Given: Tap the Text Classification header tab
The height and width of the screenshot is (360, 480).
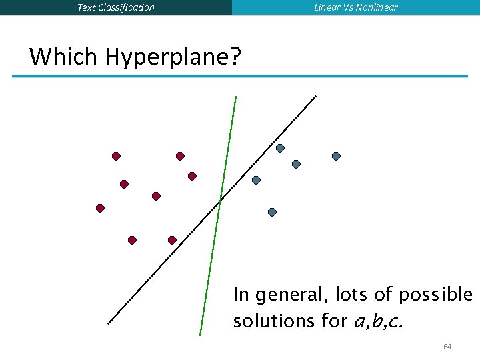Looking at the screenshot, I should [x=116, y=7].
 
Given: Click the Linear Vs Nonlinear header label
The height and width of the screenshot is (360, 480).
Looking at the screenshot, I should [x=356, y=7].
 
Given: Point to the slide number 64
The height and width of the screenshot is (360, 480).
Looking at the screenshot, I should [x=447, y=347].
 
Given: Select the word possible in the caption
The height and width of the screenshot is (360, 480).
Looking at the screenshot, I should [x=435, y=295].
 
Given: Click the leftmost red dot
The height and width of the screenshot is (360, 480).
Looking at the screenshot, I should [x=100, y=208].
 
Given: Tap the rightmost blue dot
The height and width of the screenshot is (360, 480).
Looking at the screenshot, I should [x=336, y=156].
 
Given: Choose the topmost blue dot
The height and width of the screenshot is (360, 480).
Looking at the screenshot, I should [x=280, y=148].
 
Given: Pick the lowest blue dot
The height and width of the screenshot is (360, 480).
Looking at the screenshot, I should [x=272, y=212].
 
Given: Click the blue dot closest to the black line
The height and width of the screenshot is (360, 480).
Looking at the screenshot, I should [x=256, y=180].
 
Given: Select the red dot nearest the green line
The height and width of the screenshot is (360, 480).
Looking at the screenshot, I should [x=192, y=176].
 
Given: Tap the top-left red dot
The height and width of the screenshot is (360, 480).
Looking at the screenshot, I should [x=116, y=156].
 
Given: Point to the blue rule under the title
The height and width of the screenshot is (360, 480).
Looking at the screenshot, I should [x=240, y=76].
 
